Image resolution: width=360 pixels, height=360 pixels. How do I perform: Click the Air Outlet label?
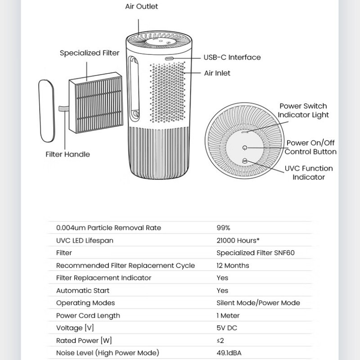[141, 6]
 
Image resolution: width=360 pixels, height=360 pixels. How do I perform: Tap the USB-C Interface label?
[232, 57]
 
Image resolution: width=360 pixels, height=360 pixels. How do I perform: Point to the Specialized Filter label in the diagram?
[90, 53]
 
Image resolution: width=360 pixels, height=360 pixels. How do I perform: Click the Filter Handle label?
[67, 154]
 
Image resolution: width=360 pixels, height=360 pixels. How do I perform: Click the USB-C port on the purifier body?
[169, 58]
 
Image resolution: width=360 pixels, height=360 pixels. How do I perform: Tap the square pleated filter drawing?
[95, 105]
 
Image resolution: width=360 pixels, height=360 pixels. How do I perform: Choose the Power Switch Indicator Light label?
[303, 110]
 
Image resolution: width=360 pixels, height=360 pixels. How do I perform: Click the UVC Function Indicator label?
[309, 172]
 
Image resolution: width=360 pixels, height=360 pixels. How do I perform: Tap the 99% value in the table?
[223, 228]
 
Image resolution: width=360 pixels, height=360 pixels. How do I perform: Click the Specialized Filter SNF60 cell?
[255, 253]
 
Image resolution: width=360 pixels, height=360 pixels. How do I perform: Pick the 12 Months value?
[233, 265]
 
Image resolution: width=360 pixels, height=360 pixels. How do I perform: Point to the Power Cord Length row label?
[88, 315]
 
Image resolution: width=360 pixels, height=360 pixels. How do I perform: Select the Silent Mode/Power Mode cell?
[258, 303]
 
